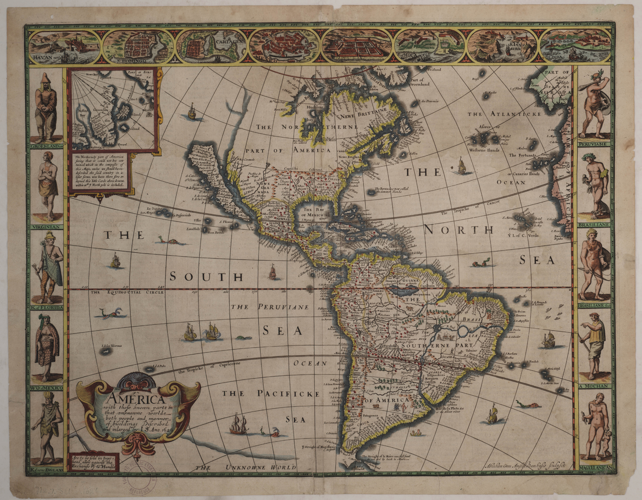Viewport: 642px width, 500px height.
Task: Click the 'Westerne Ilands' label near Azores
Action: (x=484, y=150)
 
